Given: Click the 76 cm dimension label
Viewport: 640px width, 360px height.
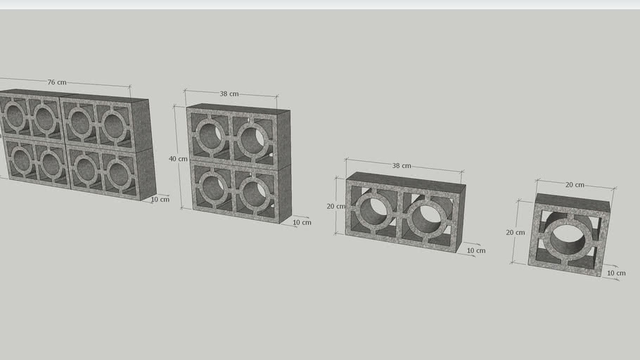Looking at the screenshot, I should pos(57,82).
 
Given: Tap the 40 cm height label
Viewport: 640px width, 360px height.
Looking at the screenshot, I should pos(178,159).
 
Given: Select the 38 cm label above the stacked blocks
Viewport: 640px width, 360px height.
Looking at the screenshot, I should pos(229,94).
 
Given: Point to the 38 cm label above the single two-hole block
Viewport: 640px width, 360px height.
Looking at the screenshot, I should pos(402,166).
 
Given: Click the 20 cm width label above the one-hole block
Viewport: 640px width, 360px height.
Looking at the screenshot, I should pos(575,185).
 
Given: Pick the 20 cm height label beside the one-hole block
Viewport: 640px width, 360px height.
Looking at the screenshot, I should pos(516,232).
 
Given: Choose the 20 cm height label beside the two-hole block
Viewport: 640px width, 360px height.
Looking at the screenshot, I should pos(335,207).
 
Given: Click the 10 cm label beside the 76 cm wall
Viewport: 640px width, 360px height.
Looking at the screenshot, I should pos(160,200).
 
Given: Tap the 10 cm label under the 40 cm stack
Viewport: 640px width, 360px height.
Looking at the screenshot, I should pos(302,222).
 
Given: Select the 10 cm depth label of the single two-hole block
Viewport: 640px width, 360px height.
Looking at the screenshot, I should pos(476,250).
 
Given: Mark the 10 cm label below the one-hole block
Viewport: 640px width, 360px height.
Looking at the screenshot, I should pos(615,273).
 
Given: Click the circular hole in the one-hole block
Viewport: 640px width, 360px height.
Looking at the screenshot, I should pos(568,238).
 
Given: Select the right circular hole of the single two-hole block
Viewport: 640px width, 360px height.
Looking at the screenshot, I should pos(427,219).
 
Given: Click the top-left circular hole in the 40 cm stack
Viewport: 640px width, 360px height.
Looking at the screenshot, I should pos(211,134).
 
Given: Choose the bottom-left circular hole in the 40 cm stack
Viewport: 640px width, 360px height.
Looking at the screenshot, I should pos(212,186).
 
